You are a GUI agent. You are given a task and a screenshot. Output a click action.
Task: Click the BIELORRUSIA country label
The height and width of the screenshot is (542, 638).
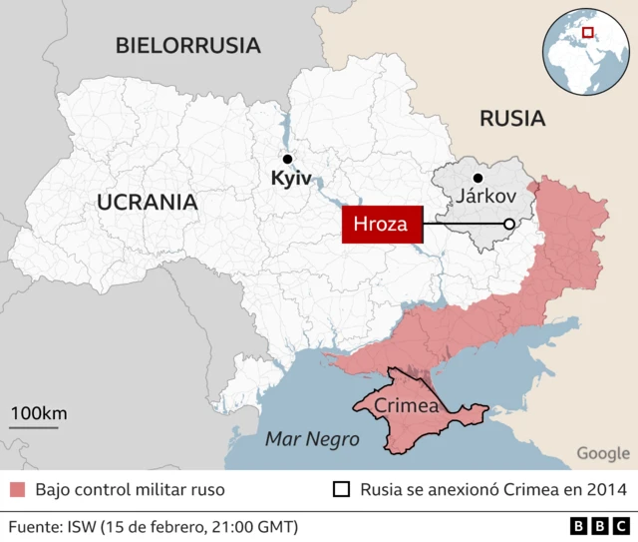(x=187, y=45)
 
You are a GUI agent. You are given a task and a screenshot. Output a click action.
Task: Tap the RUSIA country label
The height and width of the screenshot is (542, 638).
(x=512, y=119)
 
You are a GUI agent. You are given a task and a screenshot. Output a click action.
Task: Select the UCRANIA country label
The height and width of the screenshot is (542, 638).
(x=147, y=203)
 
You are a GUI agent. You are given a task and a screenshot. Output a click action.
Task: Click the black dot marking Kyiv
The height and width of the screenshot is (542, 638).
(x=287, y=159)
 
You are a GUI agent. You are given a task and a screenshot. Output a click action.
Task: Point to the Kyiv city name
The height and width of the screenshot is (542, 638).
(x=291, y=180)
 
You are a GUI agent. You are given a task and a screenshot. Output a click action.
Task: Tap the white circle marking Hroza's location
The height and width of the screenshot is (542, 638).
(x=508, y=225)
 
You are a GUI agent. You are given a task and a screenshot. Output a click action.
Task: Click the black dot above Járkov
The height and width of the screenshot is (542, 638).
(x=478, y=178)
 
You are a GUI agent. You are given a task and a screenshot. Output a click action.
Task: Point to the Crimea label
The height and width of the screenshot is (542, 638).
(x=407, y=406)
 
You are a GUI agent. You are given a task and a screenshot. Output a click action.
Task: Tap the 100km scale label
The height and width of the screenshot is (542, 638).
(x=39, y=413)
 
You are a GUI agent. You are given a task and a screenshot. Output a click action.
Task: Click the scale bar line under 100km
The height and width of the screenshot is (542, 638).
(x=35, y=427)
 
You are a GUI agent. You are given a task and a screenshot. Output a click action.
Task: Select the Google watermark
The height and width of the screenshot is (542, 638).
(x=603, y=453)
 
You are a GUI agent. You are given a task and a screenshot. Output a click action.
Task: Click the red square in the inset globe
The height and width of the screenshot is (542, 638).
(x=587, y=33)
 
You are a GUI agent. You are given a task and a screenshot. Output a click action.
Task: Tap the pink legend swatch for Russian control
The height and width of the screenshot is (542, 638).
(x=17, y=490)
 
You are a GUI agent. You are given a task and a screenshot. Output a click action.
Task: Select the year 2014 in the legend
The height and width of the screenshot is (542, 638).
(x=606, y=490)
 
